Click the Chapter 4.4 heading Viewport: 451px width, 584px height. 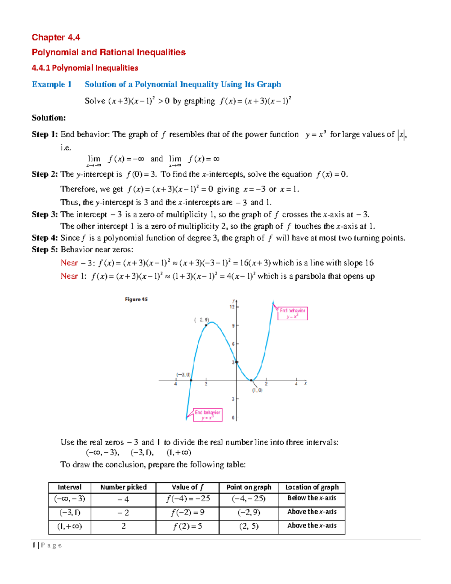coord(56,37)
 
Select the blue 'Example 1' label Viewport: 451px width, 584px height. coord(51,84)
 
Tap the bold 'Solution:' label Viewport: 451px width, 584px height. coord(49,118)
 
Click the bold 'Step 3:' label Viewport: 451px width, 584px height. coord(45,214)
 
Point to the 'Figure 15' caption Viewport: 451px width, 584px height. coord(136,299)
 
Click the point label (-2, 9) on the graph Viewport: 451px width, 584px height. coord(202,320)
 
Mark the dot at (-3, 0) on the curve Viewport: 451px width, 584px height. coord(191,381)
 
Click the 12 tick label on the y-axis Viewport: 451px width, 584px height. coord(232,307)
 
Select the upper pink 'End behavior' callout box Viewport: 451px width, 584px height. coord(292,313)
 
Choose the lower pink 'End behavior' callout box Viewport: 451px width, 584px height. coord(207,415)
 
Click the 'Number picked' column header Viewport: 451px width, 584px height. coord(123,487)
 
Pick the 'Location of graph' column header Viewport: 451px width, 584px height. coord(312,487)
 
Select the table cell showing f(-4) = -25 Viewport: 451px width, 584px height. coord(188,499)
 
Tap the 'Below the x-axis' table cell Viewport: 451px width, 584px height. coord(312,498)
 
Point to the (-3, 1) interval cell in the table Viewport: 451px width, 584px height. coord(70,513)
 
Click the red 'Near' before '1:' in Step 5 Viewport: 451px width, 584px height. coord(69,276)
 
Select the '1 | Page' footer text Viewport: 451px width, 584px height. coord(47,545)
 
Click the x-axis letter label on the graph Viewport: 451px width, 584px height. coord(306,383)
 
